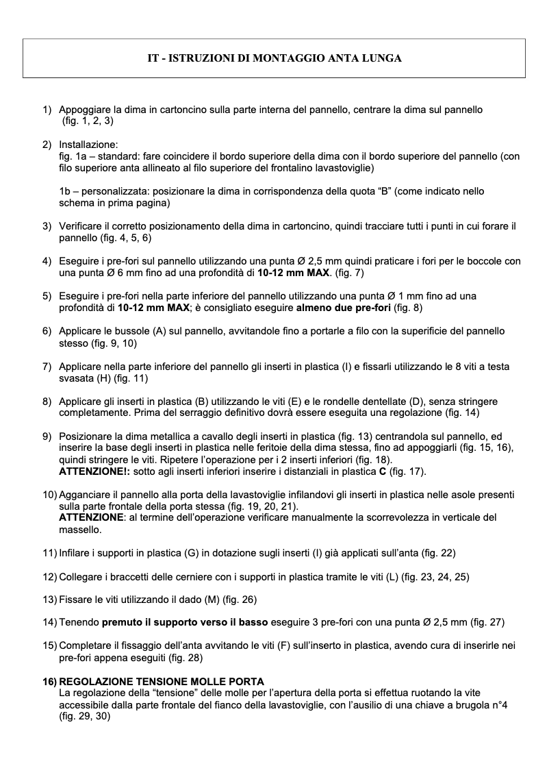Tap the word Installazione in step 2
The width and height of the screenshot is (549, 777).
[x=88, y=145]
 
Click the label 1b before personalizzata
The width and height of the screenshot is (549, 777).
[x=65, y=192]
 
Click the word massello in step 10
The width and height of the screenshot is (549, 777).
[x=79, y=530]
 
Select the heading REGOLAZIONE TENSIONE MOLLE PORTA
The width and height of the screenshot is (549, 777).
[x=162, y=681]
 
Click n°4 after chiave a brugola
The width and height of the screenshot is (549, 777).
[x=497, y=704]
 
